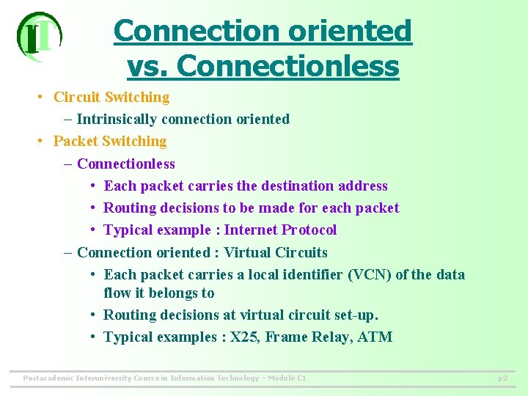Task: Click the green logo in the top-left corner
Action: [x=39, y=37]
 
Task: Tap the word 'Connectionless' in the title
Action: [x=287, y=66]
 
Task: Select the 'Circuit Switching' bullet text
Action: [x=111, y=97]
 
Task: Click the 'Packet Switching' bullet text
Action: [x=110, y=141]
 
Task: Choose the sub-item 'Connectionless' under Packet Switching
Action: [x=126, y=164]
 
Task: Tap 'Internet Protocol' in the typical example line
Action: [x=280, y=230]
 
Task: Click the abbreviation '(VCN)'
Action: [x=369, y=274]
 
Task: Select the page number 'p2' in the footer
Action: [x=502, y=378]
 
